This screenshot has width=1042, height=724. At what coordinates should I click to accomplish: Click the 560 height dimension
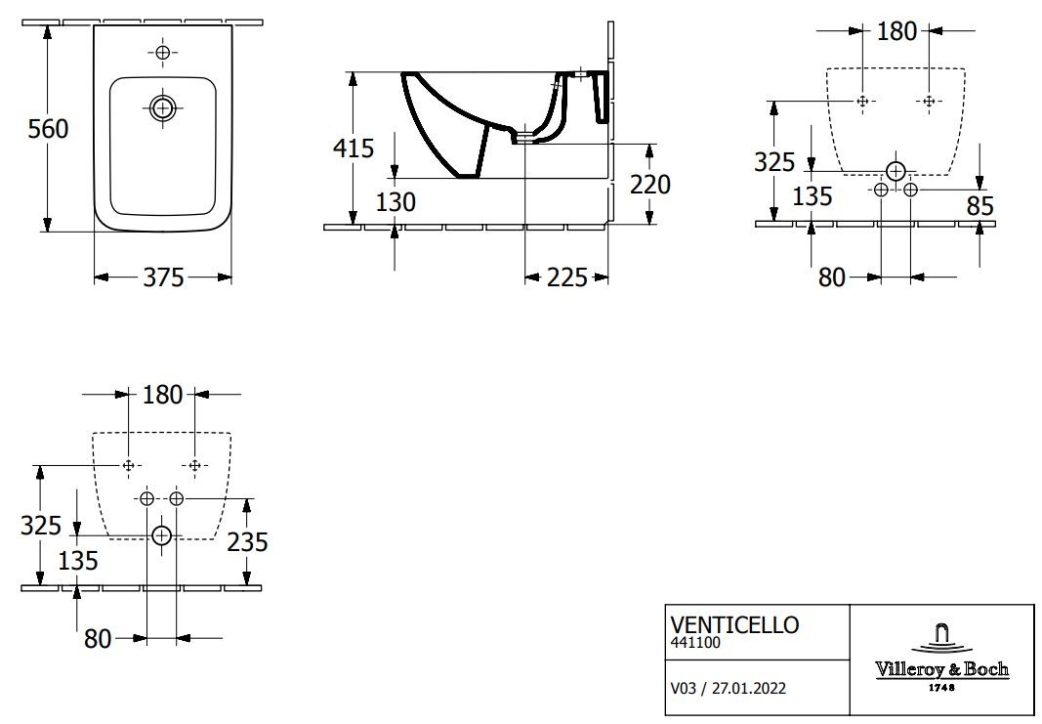[48, 128]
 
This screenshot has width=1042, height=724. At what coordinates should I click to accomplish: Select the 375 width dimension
[163, 277]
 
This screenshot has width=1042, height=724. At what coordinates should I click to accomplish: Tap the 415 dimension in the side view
[354, 148]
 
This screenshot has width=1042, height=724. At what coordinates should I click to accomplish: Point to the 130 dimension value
[396, 201]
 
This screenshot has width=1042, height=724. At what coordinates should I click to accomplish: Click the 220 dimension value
[650, 184]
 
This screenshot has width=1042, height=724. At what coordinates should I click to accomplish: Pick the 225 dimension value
[566, 277]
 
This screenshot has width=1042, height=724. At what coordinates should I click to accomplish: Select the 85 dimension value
[980, 206]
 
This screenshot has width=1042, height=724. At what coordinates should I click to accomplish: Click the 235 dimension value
[247, 542]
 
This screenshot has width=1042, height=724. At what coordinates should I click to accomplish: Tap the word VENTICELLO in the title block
[734, 625]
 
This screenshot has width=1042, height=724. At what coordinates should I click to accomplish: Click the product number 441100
[695, 643]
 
